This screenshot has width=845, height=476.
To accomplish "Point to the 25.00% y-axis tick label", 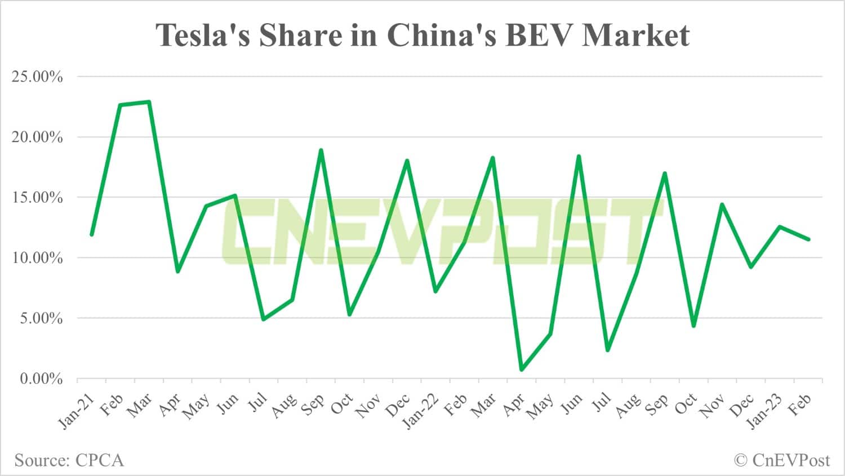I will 37,77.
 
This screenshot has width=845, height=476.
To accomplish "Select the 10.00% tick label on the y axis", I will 37,258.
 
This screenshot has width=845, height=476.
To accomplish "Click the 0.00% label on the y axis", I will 41,379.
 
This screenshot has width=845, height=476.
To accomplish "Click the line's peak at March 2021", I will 149,102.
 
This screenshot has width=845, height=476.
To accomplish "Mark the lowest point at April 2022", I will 521,370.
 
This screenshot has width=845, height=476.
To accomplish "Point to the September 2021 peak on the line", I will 321,150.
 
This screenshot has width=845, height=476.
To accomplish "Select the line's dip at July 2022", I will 607,350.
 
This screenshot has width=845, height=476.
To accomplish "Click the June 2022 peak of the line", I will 579,156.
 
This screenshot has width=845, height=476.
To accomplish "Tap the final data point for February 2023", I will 808,239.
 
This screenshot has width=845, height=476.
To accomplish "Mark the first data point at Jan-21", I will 91,234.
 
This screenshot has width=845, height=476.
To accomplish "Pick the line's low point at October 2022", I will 693,326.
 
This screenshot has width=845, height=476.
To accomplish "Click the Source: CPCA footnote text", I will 69,460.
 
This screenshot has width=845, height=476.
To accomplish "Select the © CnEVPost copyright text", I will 781,460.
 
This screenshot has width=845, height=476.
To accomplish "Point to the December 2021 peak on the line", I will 407,161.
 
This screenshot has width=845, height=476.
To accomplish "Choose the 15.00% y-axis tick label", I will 37,198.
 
